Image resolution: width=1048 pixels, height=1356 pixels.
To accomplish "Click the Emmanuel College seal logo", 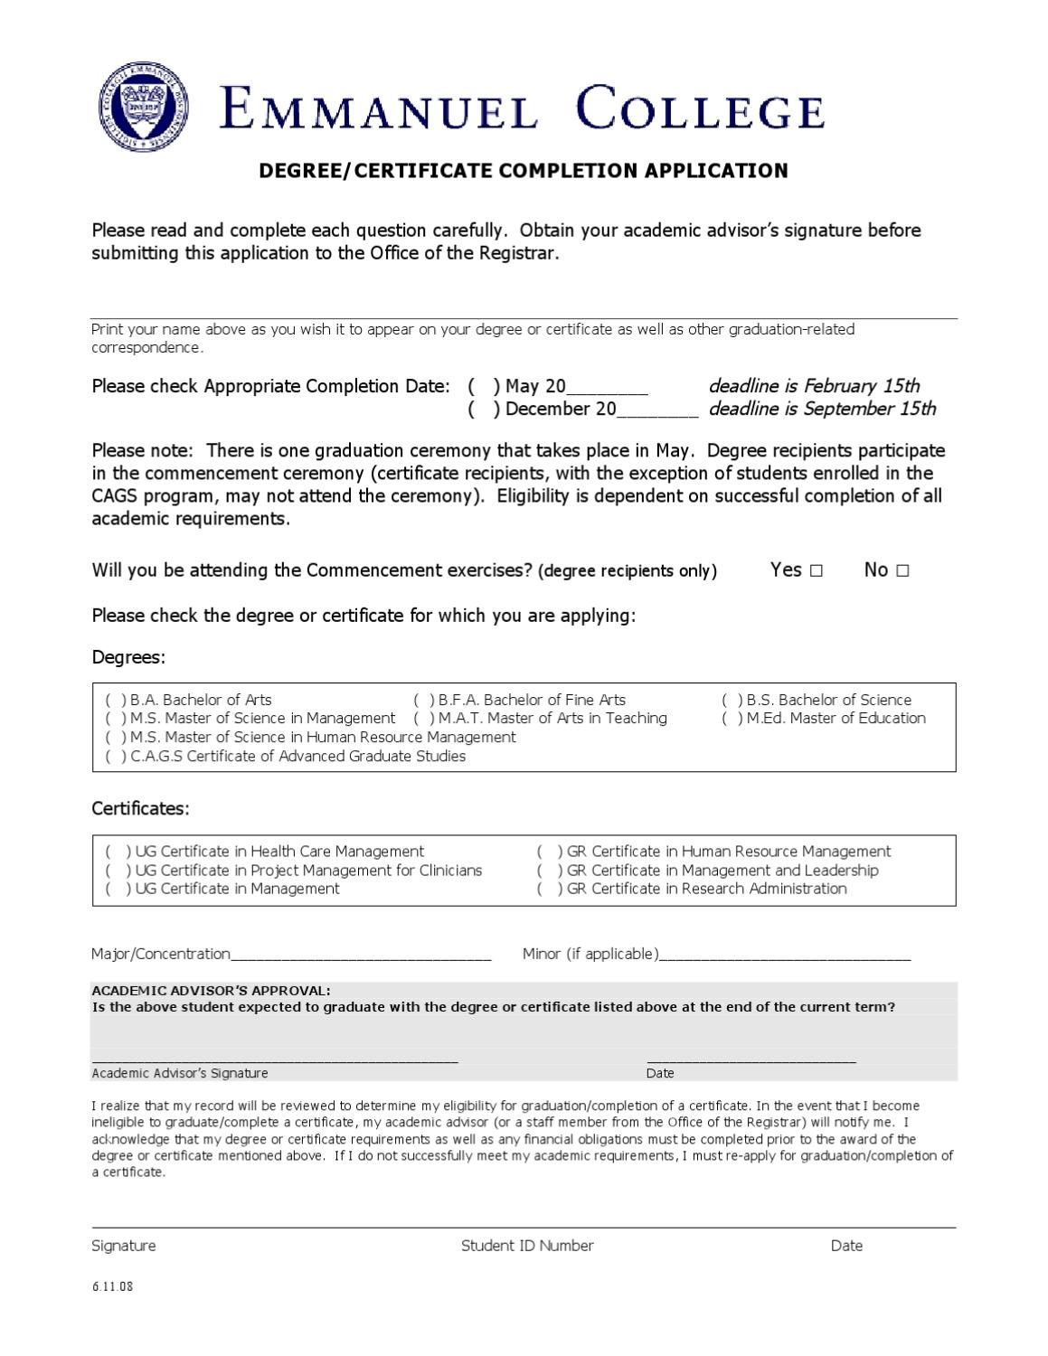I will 145,108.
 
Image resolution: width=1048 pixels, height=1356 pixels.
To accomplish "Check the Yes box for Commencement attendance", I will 817,570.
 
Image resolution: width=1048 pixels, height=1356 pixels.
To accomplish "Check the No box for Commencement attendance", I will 902,570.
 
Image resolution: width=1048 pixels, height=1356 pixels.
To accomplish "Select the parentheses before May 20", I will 484,387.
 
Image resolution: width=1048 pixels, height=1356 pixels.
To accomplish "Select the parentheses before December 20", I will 484,410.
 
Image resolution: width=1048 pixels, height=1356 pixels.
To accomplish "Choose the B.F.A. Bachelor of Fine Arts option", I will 424,701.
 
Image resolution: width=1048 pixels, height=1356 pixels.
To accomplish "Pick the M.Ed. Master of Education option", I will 732,719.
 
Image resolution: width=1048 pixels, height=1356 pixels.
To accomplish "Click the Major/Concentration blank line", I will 361,955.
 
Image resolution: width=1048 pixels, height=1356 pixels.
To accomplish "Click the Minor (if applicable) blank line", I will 785,955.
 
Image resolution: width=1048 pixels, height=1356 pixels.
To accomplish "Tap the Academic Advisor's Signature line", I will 275,1059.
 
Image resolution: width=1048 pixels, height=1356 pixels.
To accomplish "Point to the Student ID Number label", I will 527,1246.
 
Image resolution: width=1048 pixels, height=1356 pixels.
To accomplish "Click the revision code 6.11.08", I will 112,1286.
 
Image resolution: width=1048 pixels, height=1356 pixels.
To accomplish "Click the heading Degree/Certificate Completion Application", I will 524,171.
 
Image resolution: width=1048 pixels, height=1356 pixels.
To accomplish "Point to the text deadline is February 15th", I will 814,387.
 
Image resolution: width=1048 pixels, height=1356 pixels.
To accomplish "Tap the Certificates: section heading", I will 141,809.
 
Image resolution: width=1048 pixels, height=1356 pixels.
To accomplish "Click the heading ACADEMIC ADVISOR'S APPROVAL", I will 211,991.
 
